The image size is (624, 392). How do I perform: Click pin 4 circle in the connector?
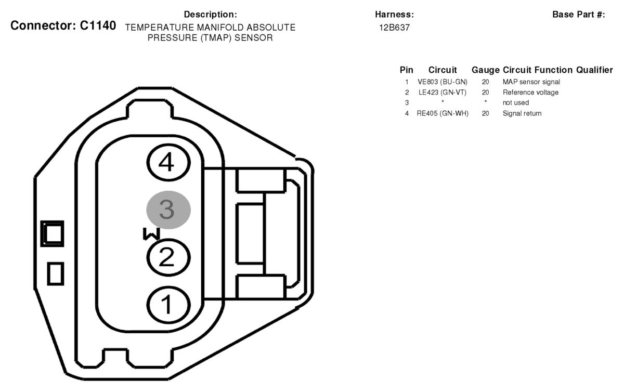pos(168,163)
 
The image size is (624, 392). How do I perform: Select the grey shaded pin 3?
pos(168,210)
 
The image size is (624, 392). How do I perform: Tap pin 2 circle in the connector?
pos(168,257)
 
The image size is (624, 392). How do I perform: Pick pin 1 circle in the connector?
pos(168,305)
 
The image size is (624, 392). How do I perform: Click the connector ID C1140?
pos(98,25)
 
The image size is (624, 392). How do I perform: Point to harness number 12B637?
pos(394,28)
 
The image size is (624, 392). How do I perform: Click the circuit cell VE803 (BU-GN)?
pos(443,82)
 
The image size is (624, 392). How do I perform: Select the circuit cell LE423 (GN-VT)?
pos(443,92)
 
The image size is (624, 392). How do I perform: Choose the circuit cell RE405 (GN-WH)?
pos(443,113)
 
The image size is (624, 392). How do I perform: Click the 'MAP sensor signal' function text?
pos(531,82)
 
